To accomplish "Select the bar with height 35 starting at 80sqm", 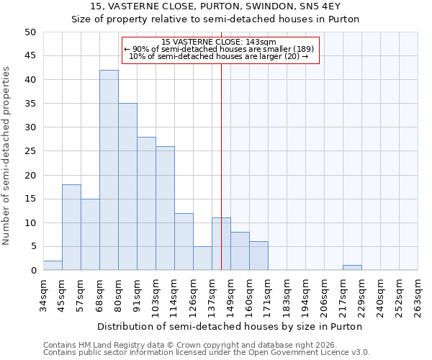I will coord(127,186).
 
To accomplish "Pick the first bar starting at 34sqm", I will coord(53,266).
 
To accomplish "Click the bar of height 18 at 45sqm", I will coord(71,228).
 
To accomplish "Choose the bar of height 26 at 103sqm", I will coord(165,208).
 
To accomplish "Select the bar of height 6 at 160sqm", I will coord(258,256).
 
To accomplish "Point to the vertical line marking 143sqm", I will coord(221,166).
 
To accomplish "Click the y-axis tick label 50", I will coord(30,32).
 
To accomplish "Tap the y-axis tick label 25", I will coord(30,151).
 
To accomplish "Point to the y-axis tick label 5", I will coord(33,247).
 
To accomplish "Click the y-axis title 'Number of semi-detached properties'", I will coord(7,156).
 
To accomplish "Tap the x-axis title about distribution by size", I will coord(229,326).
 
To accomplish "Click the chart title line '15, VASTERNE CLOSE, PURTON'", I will coord(215,6).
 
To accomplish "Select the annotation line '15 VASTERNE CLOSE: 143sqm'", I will coord(219,42).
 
